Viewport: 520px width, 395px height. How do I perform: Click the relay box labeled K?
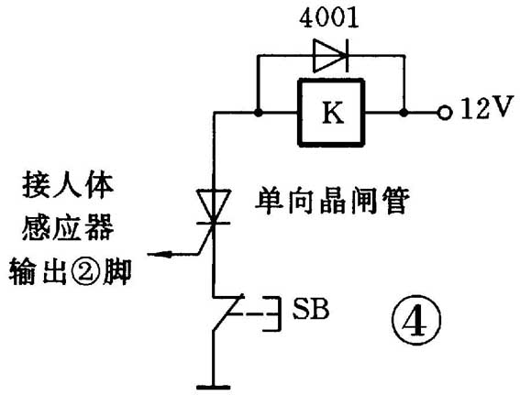pyautogui.click(x=331, y=112)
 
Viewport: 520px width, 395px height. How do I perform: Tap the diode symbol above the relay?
pyautogui.click(x=329, y=57)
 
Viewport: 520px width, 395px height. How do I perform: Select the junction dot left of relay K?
pyautogui.click(x=260, y=113)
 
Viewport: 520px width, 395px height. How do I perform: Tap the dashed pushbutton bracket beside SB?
pyautogui.click(x=265, y=312)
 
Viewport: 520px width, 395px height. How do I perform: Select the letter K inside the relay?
pyautogui.click(x=331, y=113)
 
